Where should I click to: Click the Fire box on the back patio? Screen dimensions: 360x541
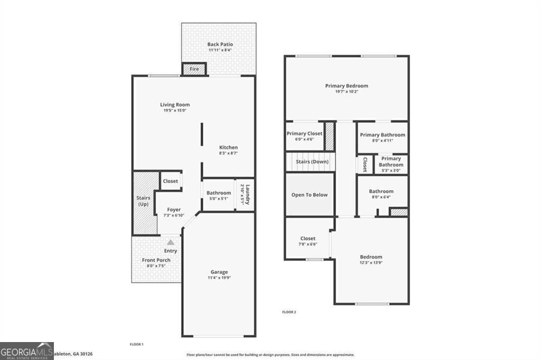[x=194, y=69]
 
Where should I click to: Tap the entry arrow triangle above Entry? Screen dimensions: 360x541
[x=170, y=241]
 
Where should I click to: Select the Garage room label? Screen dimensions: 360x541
[x=219, y=272]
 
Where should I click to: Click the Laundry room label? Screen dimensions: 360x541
[x=244, y=195]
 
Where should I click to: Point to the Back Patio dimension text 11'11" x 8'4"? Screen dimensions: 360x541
[x=220, y=50]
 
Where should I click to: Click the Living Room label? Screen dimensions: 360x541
[x=175, y=105]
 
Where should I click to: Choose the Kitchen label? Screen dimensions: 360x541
[x=229, y=147]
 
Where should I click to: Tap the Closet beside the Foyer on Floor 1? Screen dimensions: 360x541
[x=170, y=181]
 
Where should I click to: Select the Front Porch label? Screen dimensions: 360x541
[x=156, y=260]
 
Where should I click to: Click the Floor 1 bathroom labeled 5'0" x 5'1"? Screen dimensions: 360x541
[x=218, y=195]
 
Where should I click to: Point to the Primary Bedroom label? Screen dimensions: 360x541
[x=347, y=86]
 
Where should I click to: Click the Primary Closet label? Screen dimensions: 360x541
[x=304, y=134]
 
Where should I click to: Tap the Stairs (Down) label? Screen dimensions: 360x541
[x=312, y=162]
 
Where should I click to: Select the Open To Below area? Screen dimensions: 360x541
[x=310, y=195]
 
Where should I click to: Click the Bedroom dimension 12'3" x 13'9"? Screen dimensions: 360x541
[x=371, y=263]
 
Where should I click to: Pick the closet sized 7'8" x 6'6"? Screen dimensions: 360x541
[x=307, y=241]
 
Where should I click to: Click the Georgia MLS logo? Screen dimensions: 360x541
[x=27, y=350]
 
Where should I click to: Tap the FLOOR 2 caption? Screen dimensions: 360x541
[x=289, y=312]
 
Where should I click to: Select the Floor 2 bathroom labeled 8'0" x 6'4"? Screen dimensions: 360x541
[x=381, y=194]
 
